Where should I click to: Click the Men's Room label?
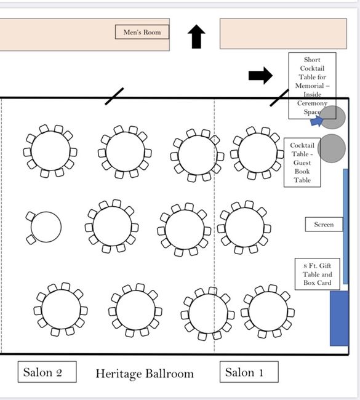point(142,32)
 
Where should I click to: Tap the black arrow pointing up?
point(196,37)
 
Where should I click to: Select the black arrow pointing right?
point(260,76)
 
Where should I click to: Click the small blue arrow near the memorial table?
point(316,121)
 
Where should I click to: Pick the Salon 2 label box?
point(47,372)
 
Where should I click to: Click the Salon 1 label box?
point(249,372)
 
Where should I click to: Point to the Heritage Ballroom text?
point(145,374)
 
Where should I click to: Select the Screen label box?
point(324,225)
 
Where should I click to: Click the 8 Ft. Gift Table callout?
point(317,274)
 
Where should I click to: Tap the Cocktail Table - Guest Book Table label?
point(302,163)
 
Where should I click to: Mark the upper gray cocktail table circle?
point(334,118)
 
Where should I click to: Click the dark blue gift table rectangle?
point(339,318)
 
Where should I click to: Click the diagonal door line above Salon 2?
point(114,96)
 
